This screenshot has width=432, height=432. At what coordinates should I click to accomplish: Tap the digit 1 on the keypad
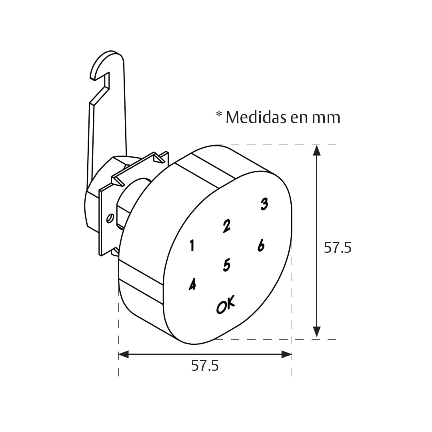pos(192,246)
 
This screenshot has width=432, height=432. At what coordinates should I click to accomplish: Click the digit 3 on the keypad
pos(264,204)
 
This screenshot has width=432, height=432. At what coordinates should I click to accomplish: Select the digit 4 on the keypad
pos(192,284)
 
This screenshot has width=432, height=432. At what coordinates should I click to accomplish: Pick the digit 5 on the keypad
pos(226,265)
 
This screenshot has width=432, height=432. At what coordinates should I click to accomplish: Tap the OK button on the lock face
pos(226,304)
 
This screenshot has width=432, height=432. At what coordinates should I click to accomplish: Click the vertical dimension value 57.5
pos(338,248)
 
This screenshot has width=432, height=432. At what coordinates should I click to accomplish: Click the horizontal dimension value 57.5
pos(205,366)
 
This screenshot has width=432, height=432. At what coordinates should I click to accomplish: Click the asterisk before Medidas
pos(219,114)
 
